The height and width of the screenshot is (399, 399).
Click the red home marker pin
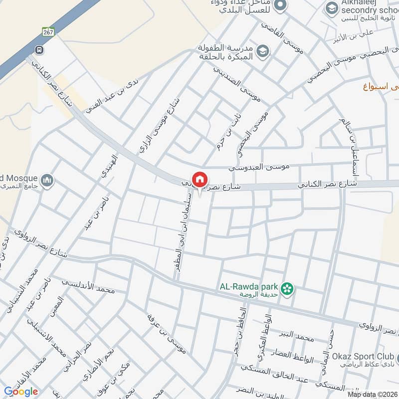pyautogui.click(x=200, y=180)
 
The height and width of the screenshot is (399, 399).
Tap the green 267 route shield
pyautogui.click(x=47, y=31)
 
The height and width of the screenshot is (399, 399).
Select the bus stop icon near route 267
pyautogui.click(x=38, y=50)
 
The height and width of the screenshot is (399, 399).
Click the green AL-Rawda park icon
pyautogui.click(x=287, y=288)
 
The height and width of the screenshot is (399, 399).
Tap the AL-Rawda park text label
pyautogui.click(x=248, y=287)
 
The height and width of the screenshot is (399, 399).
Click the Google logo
pyautogui.click(x=21, y=392)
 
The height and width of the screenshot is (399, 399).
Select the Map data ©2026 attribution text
pyautogui.click(x=372, y=394)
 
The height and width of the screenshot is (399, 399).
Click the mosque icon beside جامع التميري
pyautogui.click(x=47, y=180)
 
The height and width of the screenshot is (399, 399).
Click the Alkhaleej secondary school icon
pyautogui.click(x=331, y=8)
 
